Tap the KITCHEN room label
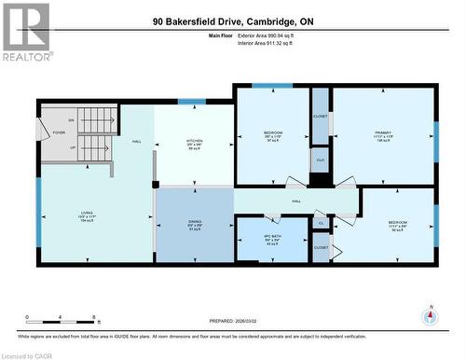[194, 143]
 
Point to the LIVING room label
[86, 216]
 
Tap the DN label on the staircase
[71, 120]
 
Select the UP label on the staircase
[72, 146]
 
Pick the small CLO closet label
[320, 159]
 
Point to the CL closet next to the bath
[321, 224]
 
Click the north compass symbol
[429, 315]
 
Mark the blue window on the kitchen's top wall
[192, 101]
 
